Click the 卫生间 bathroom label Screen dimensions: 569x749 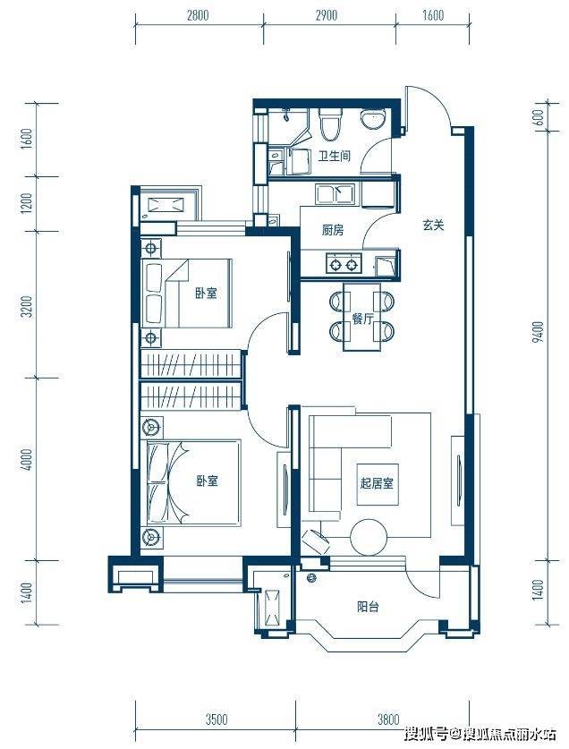point(335,155)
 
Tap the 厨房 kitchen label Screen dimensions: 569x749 point(332,230)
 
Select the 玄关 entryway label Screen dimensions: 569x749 point(433,225)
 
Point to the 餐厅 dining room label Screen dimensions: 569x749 point(362,319)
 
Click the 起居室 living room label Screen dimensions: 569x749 point(377,483)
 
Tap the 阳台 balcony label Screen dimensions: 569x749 point(368,607)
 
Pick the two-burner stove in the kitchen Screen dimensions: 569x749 point(344,264)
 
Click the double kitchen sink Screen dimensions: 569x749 point(334,194)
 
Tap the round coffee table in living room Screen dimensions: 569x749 point(368,538)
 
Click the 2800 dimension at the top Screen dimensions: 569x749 point(198,16)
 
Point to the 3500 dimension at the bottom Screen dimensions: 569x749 point(217,719)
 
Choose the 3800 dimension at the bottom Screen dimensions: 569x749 point(388,719)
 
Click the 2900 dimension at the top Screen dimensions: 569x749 point(327,16)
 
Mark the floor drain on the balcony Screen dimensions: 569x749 point(311,577)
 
